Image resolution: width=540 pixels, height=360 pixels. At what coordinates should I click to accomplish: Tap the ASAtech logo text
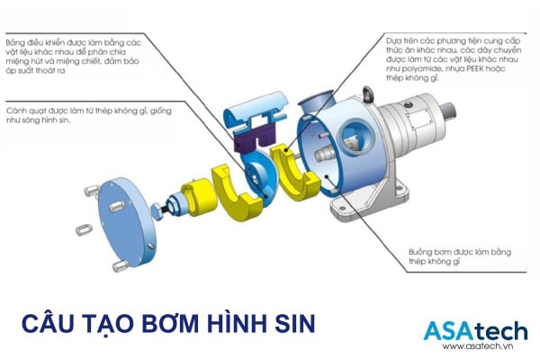[472, 329]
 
